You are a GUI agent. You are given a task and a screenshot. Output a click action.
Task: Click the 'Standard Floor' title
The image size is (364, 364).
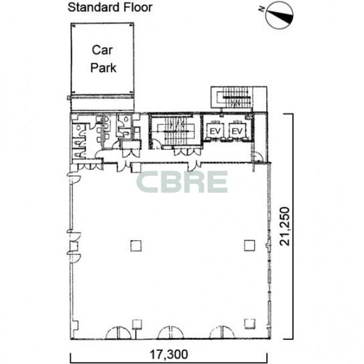click(110, 7)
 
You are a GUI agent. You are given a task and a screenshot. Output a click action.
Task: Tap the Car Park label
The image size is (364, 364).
click(103, 59)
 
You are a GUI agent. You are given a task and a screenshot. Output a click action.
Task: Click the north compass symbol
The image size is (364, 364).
click(279, 15)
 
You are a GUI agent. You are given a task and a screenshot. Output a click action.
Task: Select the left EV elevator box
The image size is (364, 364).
click(215, 131)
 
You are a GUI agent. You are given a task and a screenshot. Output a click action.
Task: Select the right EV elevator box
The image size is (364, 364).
click(237, 131)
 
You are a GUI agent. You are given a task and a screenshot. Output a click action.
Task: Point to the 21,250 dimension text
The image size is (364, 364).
click(285, 226)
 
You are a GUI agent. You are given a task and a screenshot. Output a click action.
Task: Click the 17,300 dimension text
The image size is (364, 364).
click(169, 355)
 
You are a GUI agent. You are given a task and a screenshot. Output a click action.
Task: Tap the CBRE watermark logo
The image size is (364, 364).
click(182, 182)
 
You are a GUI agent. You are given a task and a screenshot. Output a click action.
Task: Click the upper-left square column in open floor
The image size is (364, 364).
click(136, 246)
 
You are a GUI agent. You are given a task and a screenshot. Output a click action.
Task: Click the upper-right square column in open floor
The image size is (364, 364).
click(250, 246)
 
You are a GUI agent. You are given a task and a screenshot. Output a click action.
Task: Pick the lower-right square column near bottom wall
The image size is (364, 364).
click(250, 324)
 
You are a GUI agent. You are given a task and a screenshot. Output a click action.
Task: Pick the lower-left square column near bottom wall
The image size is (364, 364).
click(137, 325)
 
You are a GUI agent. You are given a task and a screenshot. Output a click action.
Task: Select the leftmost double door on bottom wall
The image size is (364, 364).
click(118, 333)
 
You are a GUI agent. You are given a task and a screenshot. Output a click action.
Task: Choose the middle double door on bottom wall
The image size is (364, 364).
click(171, 333)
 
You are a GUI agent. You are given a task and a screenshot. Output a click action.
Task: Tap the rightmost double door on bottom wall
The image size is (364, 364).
click(222, 333)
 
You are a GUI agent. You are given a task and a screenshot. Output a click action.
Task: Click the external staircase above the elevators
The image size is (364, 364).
click(232, 97)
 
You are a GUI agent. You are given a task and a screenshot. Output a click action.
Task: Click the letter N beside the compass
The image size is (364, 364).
click(262, 9)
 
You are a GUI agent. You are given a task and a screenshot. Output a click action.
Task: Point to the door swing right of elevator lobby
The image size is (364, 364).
click(257, 157)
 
